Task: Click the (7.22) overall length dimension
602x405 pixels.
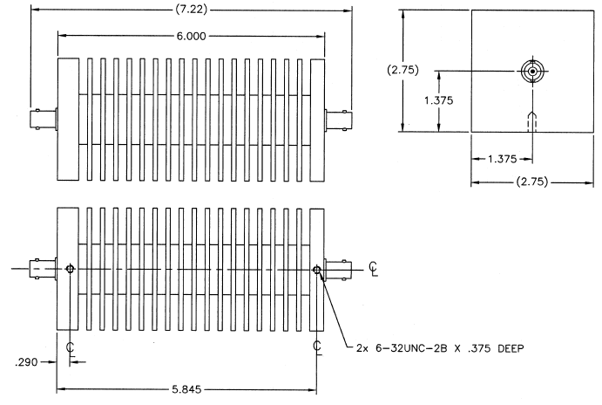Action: coord(191,10)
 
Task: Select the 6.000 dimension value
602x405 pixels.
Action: coord(191,36)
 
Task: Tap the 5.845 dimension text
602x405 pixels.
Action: coord(186,389)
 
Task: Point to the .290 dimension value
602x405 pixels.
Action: coord(26,362)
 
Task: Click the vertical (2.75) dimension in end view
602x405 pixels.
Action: coord(402,70)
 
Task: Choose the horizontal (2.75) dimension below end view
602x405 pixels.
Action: coord(531,182)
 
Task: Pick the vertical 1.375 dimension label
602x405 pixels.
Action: coord(439,100)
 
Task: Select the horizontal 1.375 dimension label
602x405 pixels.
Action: coord(502,159)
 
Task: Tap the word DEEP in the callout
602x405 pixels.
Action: coord(511,348)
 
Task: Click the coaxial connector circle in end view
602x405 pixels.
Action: coord(532,72)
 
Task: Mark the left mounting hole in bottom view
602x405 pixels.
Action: coord(70,269)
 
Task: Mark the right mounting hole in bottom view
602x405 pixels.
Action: coord(317,270)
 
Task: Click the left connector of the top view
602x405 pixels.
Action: coord(44,120)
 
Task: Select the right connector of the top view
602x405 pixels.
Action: coord(338,120)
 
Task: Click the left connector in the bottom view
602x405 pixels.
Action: coord(44,269)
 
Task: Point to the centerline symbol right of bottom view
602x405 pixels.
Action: coord(373,269)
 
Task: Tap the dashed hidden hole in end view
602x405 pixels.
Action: coord(532,121)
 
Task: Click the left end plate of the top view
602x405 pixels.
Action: coord(68,120)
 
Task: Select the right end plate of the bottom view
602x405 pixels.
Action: coord(317,269)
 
